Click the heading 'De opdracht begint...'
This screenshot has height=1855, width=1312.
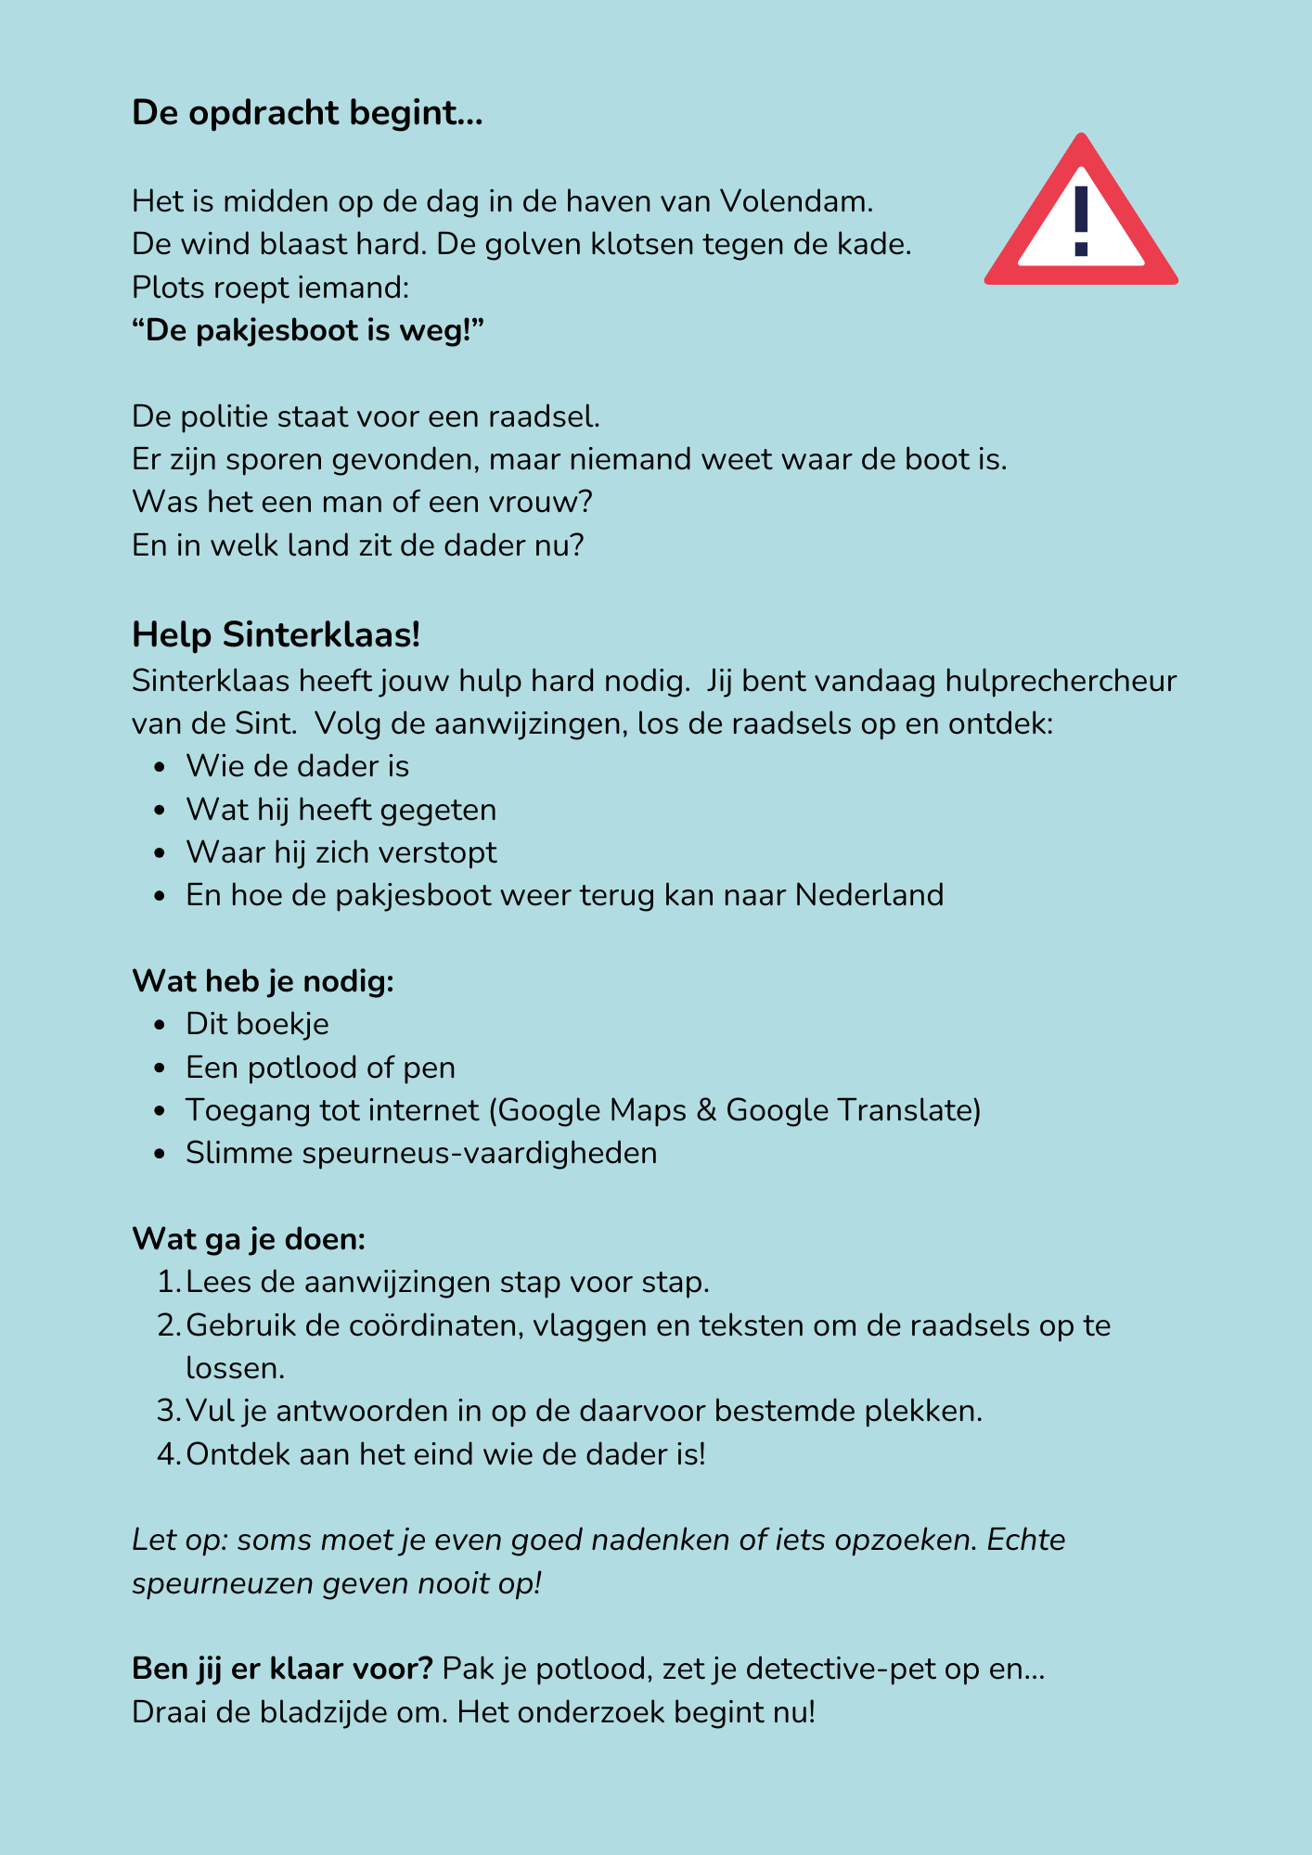[x=307, y=113]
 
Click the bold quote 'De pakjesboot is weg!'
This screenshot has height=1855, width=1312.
[x=308, y=330]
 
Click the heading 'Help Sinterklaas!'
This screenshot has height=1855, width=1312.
[x=276, y=635]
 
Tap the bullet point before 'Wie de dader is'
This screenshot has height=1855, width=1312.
[x=161, y=767]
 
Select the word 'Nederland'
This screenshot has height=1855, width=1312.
[x=869, y=895]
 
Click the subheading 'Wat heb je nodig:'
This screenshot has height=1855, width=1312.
[x=263, y=981]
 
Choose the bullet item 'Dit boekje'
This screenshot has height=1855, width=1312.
[x=257, y=1024]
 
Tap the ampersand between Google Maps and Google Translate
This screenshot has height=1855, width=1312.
[x=706, y=1110]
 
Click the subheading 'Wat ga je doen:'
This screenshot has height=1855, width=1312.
[x=249, y=1239]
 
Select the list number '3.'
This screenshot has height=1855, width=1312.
[x=169, y=1412]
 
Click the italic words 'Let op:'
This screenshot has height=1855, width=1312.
[x=180, y=1541]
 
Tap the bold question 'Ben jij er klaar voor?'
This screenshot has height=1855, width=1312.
[x=282, y=1669]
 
